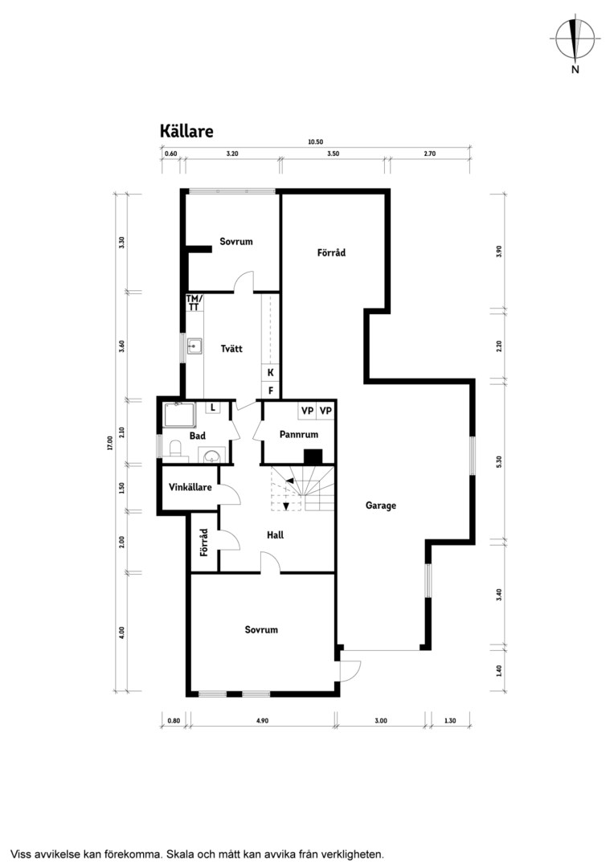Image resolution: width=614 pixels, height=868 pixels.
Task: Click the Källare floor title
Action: coord(186,131)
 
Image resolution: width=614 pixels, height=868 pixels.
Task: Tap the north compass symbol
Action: coord(575,42)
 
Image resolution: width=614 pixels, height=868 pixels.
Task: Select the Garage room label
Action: coord(381,506)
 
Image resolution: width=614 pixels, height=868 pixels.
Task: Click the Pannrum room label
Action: coord(299,435)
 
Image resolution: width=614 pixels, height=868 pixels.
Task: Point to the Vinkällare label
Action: coord(190,487)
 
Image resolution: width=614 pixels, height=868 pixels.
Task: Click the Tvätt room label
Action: coord(231,349)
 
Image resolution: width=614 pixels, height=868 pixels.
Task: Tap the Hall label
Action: coord(275,534)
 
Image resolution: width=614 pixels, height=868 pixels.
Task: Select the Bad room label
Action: coord(197,436)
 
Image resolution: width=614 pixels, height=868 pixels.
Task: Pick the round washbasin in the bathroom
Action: coord(211,457)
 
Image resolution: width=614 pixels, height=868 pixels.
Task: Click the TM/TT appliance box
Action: coord(194,302)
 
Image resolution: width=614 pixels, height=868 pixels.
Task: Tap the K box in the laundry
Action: coord(271,373)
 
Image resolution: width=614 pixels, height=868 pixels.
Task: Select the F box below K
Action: coord(271,391)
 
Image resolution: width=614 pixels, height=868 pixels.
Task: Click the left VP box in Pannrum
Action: coord(307,411)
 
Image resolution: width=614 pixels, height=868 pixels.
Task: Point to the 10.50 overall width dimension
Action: coord(316,141)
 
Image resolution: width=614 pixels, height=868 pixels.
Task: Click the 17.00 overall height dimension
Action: coord(110,444)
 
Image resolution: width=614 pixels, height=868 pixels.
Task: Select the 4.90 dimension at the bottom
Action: coord(263,721)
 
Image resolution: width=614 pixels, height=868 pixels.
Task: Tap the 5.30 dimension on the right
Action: coord(499,461)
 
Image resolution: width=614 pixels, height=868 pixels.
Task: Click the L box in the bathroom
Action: coord(213,408)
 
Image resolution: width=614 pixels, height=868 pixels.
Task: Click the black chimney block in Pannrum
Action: coord(313,457)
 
